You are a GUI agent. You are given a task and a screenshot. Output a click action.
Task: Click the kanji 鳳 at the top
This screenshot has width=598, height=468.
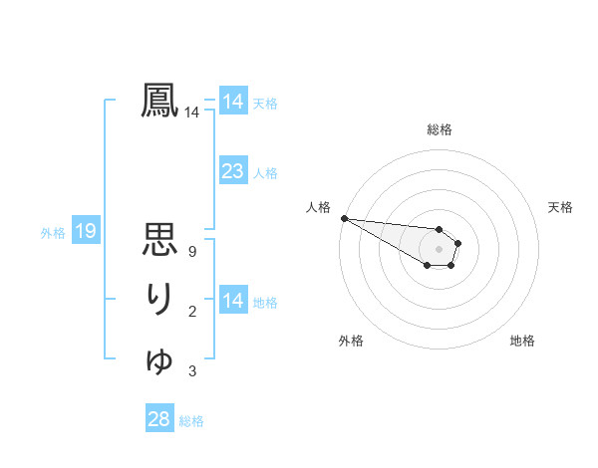[159, 101]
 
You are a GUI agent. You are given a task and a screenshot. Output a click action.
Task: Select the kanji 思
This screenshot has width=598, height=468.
[159, 240]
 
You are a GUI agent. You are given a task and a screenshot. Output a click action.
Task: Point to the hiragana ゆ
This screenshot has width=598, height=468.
[159, 359]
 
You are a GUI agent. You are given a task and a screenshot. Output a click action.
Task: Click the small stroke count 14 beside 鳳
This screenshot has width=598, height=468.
[191, 113]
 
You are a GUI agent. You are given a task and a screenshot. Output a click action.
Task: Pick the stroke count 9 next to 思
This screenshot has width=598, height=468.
[191, 252]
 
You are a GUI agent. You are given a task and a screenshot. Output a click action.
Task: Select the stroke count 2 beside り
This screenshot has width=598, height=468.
[191, 312]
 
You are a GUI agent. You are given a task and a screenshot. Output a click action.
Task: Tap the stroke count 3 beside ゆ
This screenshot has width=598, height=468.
[191, 371]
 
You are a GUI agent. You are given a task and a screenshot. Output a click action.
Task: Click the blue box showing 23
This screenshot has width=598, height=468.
[232, 171]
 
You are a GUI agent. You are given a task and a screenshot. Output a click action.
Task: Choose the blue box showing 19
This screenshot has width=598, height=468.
[85, 232]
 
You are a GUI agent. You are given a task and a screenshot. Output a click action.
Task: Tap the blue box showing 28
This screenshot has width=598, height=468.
[158, 419]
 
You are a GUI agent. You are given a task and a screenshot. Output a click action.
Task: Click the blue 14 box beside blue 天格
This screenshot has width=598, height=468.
[232, 102]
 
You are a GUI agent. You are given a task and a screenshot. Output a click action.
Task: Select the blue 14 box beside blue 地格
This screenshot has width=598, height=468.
[232, 301]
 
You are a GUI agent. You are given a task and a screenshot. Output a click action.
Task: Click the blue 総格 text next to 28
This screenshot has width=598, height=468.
[191, 421]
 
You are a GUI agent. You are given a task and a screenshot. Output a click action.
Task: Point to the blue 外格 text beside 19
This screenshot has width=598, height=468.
[53, 233]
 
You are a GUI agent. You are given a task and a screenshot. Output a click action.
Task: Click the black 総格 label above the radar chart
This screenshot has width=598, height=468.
[439, 129]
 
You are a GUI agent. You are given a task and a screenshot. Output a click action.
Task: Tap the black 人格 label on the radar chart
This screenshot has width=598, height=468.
[318, 207]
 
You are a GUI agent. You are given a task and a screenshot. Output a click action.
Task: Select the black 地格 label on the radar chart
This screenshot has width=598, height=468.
[522, 341]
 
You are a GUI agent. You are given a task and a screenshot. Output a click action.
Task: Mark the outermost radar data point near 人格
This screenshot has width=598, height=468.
[344, 218]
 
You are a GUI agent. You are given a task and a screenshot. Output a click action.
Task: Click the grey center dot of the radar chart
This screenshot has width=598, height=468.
[439, 248]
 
